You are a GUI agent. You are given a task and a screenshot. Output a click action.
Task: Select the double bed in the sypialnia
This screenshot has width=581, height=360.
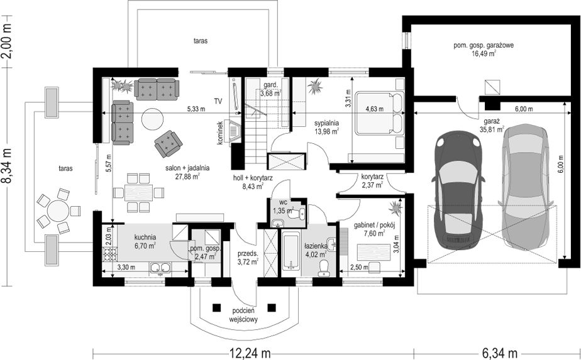pos(379,114)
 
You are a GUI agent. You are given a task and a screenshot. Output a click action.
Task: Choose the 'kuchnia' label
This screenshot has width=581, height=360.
pos(145,237)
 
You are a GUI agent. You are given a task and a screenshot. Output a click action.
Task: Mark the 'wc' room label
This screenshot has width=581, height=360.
pos(274,202)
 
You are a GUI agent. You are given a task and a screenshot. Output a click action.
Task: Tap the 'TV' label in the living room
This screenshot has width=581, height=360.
pos(218,101)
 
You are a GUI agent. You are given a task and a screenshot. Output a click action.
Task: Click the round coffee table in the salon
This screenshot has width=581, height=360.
pos(152,118)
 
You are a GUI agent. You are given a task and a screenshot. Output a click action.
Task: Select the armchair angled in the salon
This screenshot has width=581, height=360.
pos(168,143)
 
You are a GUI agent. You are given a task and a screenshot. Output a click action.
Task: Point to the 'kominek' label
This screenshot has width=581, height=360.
pos(221,133)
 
